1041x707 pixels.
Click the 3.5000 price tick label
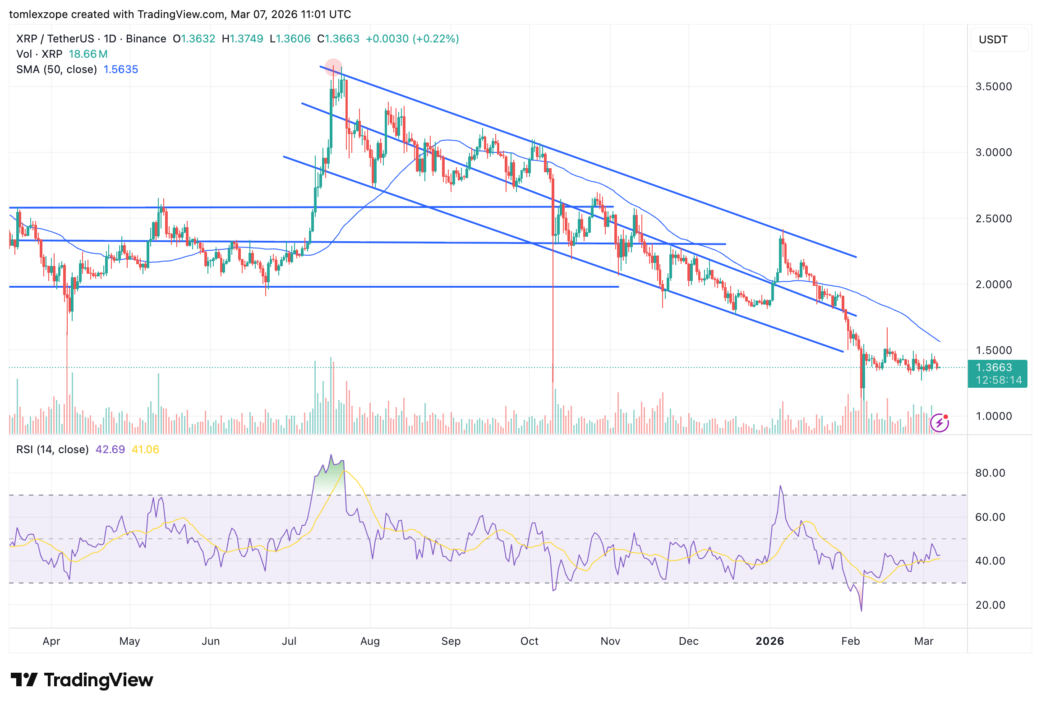pos(993,87)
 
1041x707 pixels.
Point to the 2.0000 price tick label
pos(993,285)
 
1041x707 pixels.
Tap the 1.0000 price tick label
pos(993,416)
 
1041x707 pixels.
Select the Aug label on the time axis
pos(370,641)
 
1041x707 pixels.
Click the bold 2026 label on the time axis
pos(769,641)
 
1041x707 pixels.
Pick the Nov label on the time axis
pos(610,641)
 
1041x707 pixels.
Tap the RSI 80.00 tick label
pos(990,473)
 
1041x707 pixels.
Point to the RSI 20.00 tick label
pos(990,605)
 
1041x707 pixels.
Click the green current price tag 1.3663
pos(997,368)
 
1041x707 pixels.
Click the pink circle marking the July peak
pos(333,67)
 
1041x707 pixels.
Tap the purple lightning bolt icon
pos(940,422)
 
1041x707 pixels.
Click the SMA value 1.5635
pos(120,69)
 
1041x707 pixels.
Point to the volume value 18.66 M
pos(88,54)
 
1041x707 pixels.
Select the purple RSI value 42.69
pos(110,450)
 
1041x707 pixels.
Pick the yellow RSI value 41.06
pos(145,450)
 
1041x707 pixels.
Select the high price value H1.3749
pos(242,39)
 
